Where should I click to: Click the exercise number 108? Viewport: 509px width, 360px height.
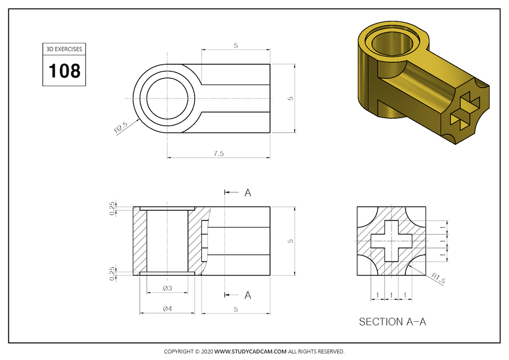[65, 71]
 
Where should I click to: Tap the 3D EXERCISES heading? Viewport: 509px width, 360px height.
[65, 49]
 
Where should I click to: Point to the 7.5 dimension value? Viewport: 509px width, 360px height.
[218, 153]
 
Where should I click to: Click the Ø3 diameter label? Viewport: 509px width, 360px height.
[167, 288]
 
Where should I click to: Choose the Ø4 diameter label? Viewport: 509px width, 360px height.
[167, 308]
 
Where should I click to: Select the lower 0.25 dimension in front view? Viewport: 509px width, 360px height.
[113, 272]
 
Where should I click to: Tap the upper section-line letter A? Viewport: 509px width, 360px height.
[247, 192]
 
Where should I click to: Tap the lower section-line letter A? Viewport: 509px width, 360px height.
[247, 295]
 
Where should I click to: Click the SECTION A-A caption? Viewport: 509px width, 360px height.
[393, 322]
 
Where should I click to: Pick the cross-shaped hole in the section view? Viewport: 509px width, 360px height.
[391, 241]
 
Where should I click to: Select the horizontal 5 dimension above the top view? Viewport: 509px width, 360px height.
[236, 46]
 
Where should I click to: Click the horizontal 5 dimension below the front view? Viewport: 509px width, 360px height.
[236, 308]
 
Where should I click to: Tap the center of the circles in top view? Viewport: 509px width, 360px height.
[168, 98]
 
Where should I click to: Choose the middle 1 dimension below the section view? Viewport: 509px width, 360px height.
[391, 295]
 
